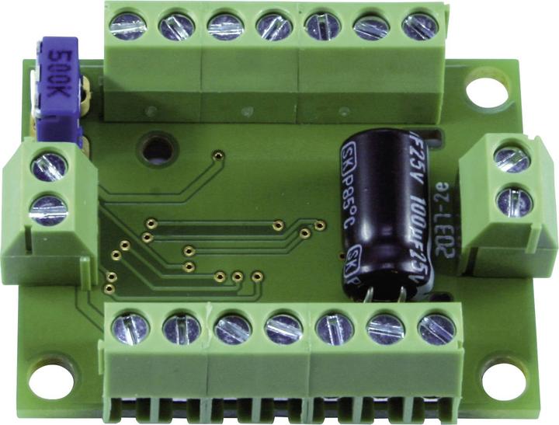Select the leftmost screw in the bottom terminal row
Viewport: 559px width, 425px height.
(x=130, y=328)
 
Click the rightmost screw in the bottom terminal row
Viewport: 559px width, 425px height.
(x=435, y=329)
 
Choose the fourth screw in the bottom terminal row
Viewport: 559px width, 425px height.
(x=283, y=329)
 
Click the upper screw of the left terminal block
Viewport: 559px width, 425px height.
(x=49, y=166)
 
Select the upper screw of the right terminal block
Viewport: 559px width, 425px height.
(x=512, y=159)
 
